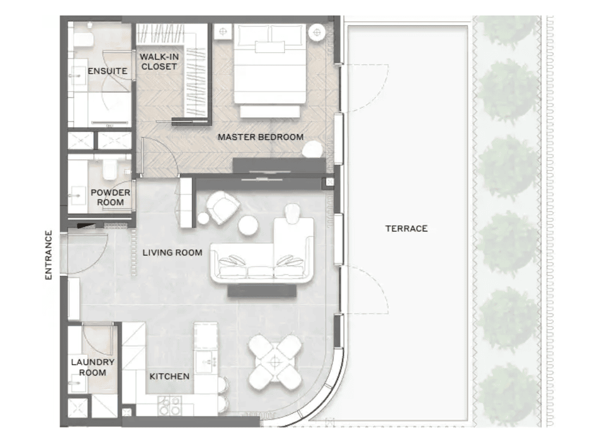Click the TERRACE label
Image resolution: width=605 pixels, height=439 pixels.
click(406, 229)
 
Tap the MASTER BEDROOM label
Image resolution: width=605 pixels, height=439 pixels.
click(261, 137)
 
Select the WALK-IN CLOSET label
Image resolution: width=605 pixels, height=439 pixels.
click(159, 61)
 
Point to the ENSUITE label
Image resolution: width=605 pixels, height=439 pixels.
click(107, 71)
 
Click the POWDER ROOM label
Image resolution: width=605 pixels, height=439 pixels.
click(111, 197)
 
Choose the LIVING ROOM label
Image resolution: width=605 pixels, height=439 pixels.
click(172, 253)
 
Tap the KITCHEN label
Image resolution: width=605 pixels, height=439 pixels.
click(170, 377)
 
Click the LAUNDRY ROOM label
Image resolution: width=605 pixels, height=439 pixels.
click(93, 367)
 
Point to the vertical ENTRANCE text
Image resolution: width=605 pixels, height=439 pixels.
click(48, 255)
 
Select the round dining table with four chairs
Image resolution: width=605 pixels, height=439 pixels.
click(275, 362)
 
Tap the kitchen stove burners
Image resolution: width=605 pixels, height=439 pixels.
click(169, 405)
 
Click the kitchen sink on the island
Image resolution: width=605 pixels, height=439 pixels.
click(206, 362)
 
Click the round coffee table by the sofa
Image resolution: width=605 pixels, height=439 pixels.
click(247, 225)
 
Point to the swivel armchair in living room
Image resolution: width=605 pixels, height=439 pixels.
click(223, 207)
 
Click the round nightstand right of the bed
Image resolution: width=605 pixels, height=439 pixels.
click(317, 33)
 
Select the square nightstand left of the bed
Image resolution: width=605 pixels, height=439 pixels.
click(223, 32)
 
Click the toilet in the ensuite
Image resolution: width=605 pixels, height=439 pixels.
click(84, 38)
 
